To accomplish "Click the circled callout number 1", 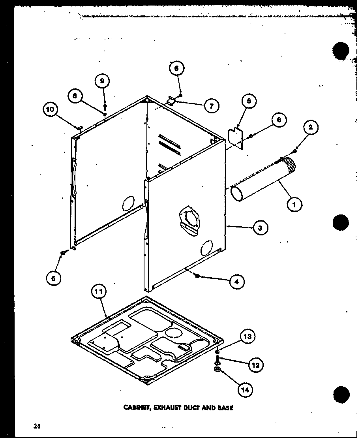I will tap(294, 205).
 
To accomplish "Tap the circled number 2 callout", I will tap(311, 127).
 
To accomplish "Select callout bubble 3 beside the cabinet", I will tap(260, 227).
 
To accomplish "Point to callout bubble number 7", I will tap(212, 106).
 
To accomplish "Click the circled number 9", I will tap(102, 81).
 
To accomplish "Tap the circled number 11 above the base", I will tap(99, 293).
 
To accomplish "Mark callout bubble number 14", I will tap(246, 390).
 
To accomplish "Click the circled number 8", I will tap(75, 96).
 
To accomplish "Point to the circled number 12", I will tap(256, 365).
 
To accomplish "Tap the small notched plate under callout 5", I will tap(236, 138).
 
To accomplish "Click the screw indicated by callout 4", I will tap(197, 277).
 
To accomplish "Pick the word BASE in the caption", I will tap(224, 408).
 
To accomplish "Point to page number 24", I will tap(37, 426).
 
